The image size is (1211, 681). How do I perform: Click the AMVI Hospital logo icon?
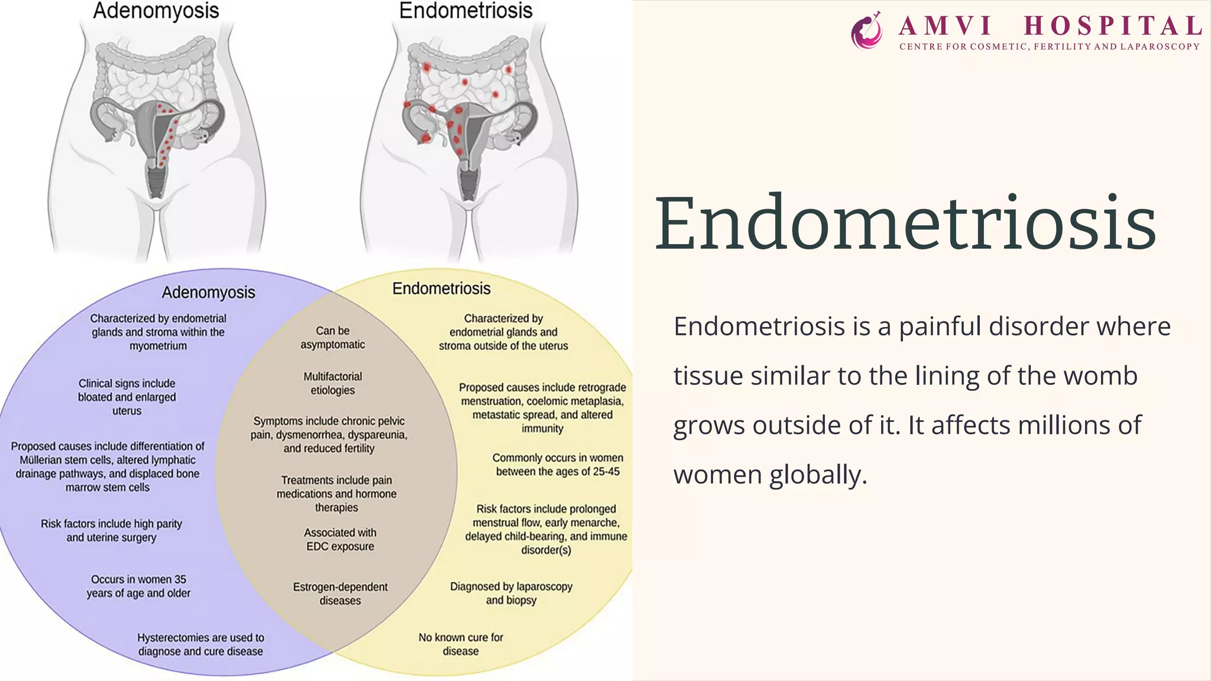coord(867,30)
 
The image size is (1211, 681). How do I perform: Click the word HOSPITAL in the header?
coord(1113,26)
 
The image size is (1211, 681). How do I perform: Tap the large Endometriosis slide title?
coord(905,223)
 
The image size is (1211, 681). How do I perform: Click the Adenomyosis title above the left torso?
coord(156,11)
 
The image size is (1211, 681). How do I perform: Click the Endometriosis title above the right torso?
coord(466,11)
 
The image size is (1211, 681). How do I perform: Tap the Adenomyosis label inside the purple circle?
coord(208,292)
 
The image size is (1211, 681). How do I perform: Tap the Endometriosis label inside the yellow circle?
coord(441,288)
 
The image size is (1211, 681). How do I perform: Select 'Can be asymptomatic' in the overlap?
coord(332,338)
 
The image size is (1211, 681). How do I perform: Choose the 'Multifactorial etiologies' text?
coord(332,383)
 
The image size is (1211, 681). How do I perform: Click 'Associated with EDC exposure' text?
coord(340,539)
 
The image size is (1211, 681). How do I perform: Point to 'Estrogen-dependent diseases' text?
coord(340,594)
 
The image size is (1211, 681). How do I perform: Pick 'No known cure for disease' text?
coord(461,644)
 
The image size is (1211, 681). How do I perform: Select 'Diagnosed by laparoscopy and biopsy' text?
coord(511,593)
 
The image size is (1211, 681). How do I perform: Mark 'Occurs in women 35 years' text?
coord(138,586)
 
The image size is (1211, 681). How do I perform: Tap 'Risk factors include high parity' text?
coord(111,524)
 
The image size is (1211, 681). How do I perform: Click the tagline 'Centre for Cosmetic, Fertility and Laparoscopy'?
coord(1050,47)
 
